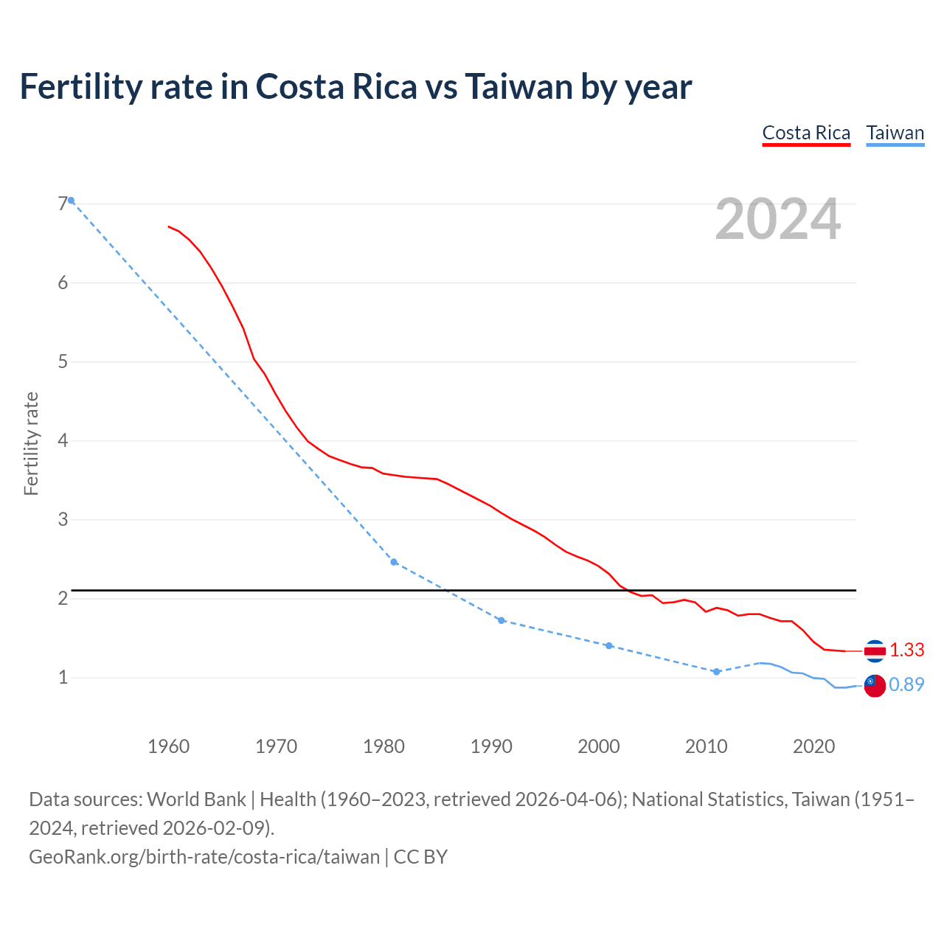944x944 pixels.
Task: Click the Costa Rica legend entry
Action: [806, 133]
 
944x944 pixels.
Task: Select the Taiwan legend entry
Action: [895, 133]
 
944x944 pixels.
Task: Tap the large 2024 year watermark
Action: [777, 219]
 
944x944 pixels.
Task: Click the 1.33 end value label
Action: [906, 650]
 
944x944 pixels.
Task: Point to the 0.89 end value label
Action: [906, 684]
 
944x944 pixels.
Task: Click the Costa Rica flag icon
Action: [875, 650]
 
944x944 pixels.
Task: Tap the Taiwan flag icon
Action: [875, 685]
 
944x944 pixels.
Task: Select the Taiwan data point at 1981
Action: [394, 562]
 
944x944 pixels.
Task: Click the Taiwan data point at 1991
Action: [502, 620]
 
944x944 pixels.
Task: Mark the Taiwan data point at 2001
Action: [609, 645]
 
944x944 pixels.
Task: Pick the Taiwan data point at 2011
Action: [716, 672]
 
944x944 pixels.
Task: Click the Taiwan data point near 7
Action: [72, 201]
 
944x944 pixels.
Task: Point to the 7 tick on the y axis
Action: [63, 204]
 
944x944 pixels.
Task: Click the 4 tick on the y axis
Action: [63, 440]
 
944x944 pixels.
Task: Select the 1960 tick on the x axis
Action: [168, 746]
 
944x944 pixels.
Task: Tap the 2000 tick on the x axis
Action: [598, 746]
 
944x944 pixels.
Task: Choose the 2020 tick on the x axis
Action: [813, 746]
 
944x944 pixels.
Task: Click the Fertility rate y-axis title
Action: [31, 444]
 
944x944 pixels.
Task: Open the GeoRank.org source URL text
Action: [204, 856]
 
